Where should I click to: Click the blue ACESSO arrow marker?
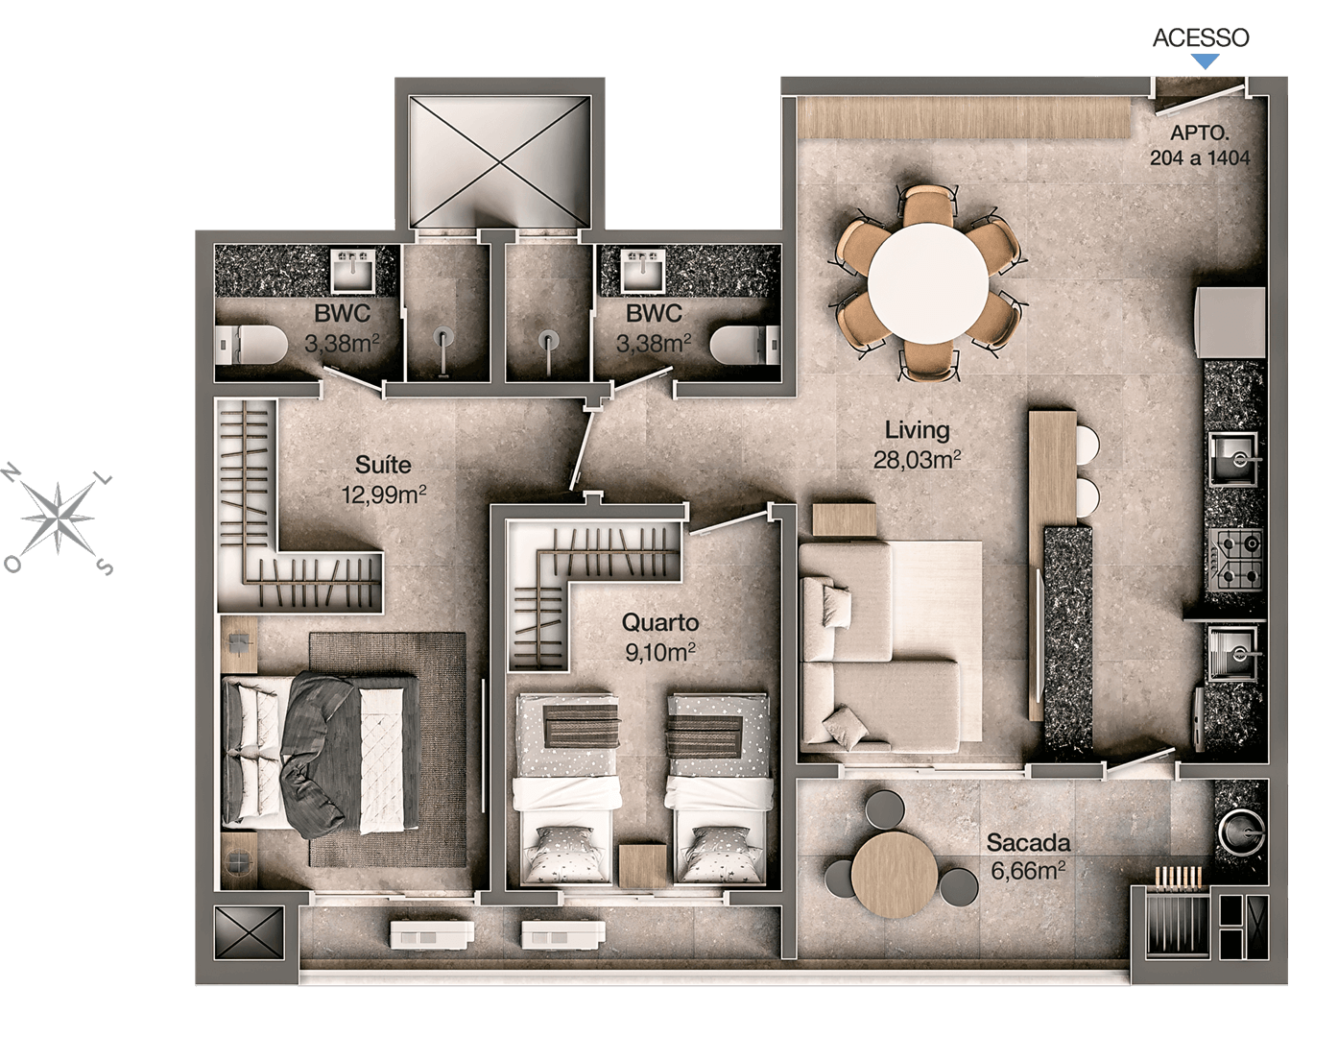tap(1205, 61)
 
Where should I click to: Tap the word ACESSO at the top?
tap(1201, 37)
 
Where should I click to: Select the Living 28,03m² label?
tap(918, 445)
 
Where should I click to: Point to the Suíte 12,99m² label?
tap(384, 479)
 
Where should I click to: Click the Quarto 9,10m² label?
tap(660, 637)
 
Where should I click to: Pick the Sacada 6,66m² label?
tap(1028, 856)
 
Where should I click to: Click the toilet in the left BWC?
tap(251, 346)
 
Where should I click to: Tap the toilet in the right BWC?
tap(745, 345)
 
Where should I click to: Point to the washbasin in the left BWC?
tap(353, 270)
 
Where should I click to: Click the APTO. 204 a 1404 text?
tap(1200, 145)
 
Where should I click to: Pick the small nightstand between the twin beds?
tap(643, 866)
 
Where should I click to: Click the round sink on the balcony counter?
tap(1242, 832)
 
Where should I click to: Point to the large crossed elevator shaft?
tap(499, 162)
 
